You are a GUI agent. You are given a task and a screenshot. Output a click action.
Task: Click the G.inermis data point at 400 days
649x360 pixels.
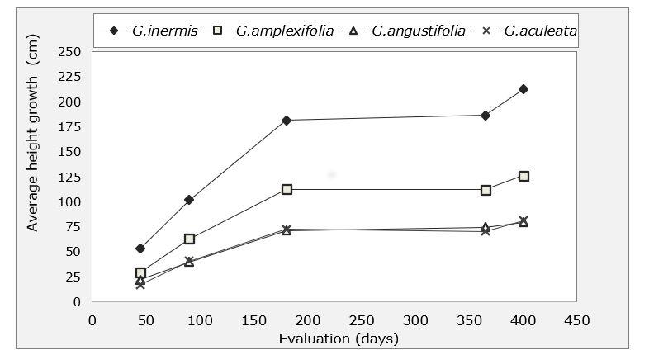(523, 89)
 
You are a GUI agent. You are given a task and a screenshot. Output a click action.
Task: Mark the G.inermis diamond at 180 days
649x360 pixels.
(287, 121)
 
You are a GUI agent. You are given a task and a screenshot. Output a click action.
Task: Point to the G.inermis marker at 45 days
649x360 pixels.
(140, 249)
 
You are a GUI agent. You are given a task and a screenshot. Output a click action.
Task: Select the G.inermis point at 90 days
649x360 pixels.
(189, 200)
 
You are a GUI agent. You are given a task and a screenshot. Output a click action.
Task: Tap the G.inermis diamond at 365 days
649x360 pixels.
(486, 116)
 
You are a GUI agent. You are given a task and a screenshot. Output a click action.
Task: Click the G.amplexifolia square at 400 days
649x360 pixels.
(523, 176)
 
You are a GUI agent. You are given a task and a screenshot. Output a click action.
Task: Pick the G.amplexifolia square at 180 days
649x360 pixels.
(287, 189)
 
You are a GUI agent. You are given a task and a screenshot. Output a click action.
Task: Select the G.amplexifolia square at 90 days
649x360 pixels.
(189, 239)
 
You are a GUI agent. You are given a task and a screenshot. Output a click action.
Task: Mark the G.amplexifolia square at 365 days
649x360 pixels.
(486, 190)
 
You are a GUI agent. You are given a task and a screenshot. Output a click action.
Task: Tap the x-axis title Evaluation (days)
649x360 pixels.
(339, 339)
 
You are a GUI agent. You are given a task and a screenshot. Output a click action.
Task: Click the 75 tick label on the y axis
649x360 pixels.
(73, 226)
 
